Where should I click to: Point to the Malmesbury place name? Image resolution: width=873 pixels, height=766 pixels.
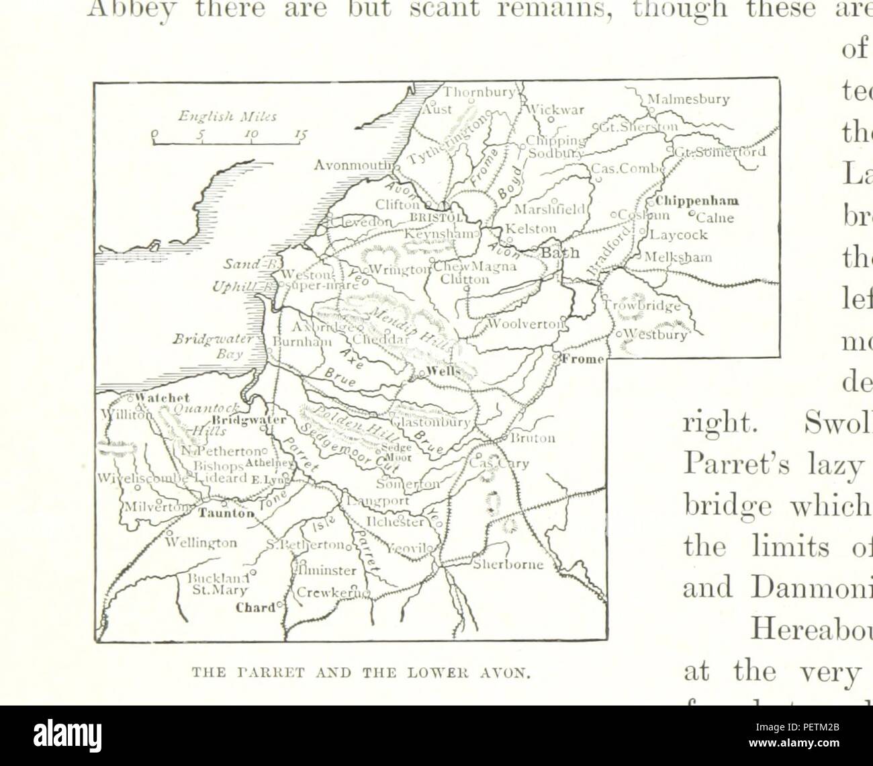688,100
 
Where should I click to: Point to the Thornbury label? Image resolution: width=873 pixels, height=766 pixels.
478,93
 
